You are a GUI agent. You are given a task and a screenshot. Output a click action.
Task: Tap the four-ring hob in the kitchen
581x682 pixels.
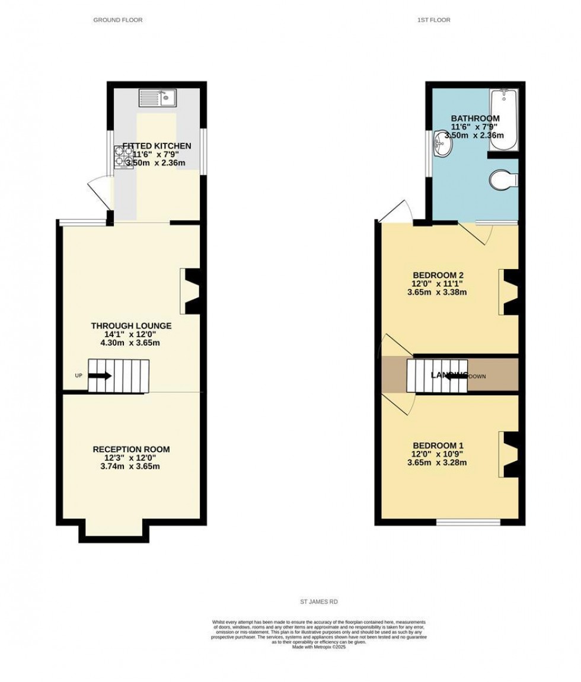[x=123, y=157]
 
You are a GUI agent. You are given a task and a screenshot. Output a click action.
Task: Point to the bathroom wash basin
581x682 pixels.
[x=442, y=144]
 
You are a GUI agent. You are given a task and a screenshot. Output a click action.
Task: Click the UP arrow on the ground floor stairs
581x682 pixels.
[x=100, y=376]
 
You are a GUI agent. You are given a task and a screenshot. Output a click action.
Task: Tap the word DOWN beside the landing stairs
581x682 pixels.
[x=477, y=376]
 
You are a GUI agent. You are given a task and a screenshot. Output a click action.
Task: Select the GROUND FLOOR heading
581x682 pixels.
[x=118, y=20]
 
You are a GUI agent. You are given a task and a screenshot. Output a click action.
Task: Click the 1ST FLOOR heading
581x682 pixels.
[x=433, y=20]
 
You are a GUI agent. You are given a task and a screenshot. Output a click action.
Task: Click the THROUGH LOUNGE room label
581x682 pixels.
[x=131, y=326]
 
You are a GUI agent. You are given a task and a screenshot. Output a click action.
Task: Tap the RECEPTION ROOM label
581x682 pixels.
[x=131, y=449]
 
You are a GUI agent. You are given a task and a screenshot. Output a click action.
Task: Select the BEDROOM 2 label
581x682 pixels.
[x=438, y=275]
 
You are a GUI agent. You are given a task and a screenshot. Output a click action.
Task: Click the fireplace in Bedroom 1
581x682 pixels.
[x=508, y=454]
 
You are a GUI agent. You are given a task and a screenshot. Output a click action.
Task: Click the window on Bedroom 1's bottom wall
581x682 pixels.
[x=468, y=523]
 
